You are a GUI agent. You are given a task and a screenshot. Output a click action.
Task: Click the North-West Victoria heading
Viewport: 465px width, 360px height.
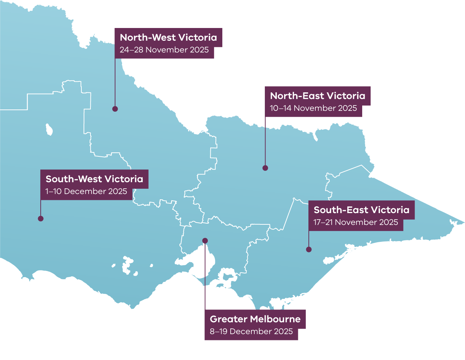(168, 37)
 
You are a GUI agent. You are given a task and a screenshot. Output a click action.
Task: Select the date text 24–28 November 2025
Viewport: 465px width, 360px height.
(164, 50)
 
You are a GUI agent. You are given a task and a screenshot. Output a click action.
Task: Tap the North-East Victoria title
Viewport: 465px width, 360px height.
(318, 96)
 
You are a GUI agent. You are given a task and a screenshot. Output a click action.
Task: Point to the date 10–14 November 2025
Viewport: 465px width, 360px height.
(313, 108)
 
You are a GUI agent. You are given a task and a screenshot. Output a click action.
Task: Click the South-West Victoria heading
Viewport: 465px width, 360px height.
(94, 179)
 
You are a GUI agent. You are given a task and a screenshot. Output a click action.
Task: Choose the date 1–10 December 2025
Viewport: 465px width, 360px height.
(86, 191)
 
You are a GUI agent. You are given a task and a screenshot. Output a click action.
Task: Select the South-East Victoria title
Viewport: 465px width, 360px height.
(361, 210)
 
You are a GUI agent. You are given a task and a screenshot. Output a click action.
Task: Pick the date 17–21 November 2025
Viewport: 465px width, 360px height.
(356, 222)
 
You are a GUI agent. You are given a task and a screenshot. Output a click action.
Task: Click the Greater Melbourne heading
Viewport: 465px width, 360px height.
(255, 319)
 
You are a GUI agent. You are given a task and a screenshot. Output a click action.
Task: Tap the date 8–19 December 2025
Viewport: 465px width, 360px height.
(251, 331)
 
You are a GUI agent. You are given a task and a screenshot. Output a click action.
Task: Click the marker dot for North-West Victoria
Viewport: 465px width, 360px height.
(115, 109)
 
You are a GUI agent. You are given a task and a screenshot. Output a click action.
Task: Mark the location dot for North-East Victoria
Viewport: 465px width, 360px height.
(265, 168)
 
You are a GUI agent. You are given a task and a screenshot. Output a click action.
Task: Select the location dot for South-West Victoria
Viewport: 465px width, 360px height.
(41, 219)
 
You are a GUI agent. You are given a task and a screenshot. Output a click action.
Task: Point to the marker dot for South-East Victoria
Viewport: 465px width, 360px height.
(309, 249)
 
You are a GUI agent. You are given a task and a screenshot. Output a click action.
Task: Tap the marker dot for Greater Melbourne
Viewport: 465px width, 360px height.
(205, 240)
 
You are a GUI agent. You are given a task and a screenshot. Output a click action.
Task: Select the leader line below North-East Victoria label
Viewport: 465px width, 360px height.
(265, 142)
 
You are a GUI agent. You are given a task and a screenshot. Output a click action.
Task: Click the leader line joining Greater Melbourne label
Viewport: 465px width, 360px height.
(205, 276)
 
